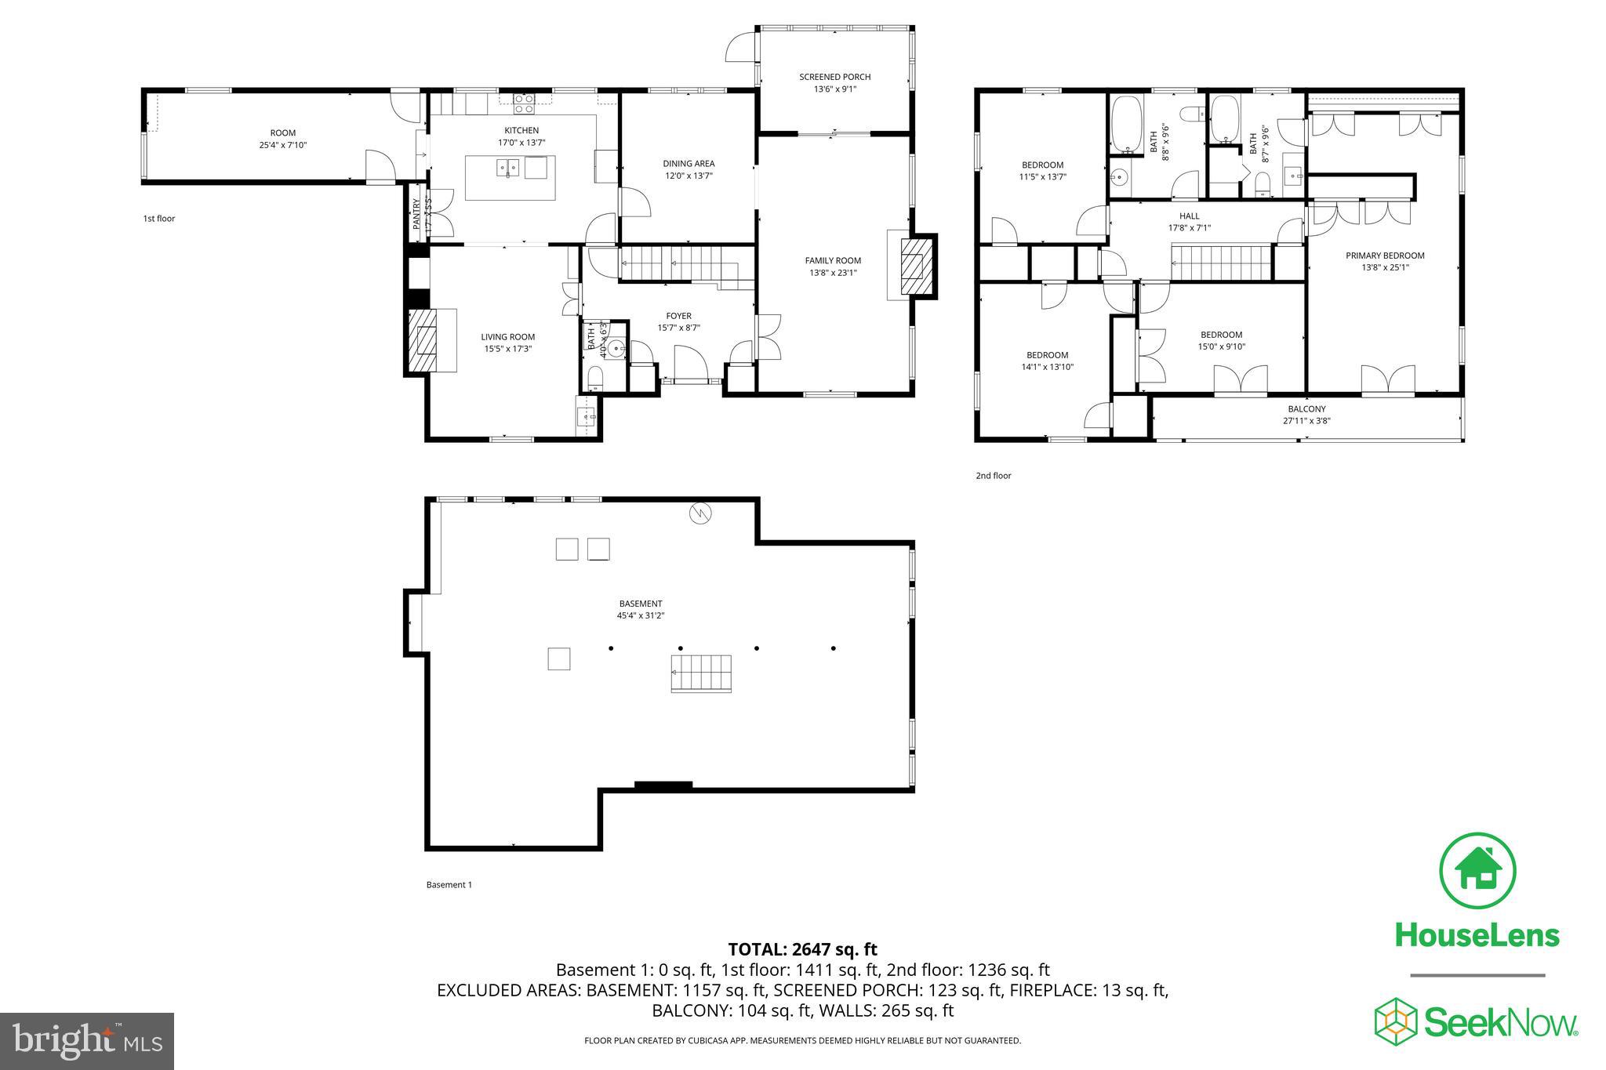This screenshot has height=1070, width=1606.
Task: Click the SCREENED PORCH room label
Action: pos(834,77)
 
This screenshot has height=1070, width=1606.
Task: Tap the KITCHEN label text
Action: pos(521,130)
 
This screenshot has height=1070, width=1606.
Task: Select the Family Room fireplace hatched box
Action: pos(914,267)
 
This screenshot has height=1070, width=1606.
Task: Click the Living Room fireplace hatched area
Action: pos(428,340)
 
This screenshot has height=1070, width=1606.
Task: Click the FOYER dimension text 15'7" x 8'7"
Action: pos(678,328)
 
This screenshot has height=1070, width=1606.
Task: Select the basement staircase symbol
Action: pos(700,673)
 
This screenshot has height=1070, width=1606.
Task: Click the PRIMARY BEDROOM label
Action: pos(1385,256)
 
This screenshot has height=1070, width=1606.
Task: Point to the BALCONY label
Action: pos(1306,409)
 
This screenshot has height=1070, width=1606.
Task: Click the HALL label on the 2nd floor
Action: pos(1189,216)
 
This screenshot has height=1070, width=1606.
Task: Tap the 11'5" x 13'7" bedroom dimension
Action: pos(1042,177)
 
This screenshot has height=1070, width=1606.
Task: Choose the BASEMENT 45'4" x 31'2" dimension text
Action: pos(640,616)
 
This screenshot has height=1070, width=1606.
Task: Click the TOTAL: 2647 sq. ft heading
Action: pos(802,949)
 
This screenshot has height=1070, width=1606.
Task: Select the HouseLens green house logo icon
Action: pos(1477,871)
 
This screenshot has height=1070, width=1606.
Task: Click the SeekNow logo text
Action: pos(1499,1023)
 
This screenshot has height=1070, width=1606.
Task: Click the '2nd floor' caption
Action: pos(993,476)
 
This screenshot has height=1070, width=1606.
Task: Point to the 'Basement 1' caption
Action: pos(449,885)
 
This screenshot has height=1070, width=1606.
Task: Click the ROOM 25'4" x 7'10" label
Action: pos(283,139)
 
